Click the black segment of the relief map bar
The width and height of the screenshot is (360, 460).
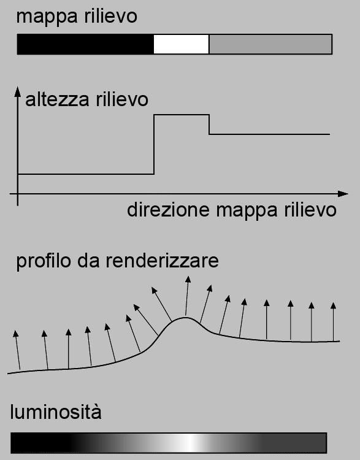pyautogui.click(x=85, y=44)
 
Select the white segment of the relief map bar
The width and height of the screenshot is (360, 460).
pyautogui.click(x=182, y=44)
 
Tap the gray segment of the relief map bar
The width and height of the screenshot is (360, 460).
pyautogui.click(x=270, y=44)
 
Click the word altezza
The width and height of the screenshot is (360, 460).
pyautogui.click(x=57, y=100)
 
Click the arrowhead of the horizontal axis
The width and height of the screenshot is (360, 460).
pyautogui.click(x=343, y=194)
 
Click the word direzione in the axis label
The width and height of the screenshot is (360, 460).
pyautogui.click(x=169, y=210)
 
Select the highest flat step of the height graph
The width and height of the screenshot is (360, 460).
pyautogui.click(x=182, y=115)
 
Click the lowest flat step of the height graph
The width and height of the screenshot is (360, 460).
pyautogui.click(x=86, y=174)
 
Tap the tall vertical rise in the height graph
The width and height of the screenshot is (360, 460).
pyautogui.click(x=154, y=144)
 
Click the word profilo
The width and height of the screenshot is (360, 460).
pyautogui.click(x=44, y=261)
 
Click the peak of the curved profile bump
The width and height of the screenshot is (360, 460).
pyautogui.click(x=185, y=318)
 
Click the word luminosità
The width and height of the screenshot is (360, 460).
pyautogui.click(x=56, y=412)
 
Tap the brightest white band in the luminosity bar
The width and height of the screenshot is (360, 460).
pyautogui.click(x=191, y=443)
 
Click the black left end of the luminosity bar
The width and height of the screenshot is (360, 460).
pyautogui.click(x=38, y=443)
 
